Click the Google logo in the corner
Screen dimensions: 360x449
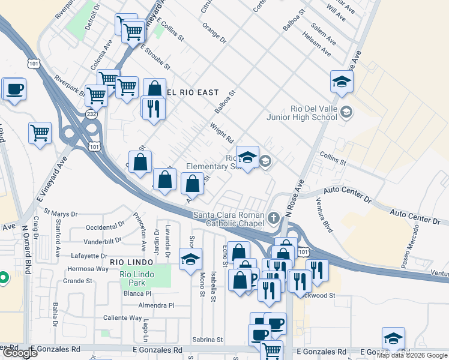[x=20, y=353]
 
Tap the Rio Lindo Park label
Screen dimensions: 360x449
[x=133, y=279]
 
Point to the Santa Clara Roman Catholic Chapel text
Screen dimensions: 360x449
[x=228, y=220]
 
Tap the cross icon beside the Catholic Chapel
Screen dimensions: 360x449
[x=274, y=217]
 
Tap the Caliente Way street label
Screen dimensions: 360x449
[x=122, y=318]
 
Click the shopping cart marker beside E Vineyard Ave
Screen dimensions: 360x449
[x=40, y=133]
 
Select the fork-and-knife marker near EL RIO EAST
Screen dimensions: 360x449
[x=152, y=109]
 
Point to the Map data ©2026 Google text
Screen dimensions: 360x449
[x=412, y=355]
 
